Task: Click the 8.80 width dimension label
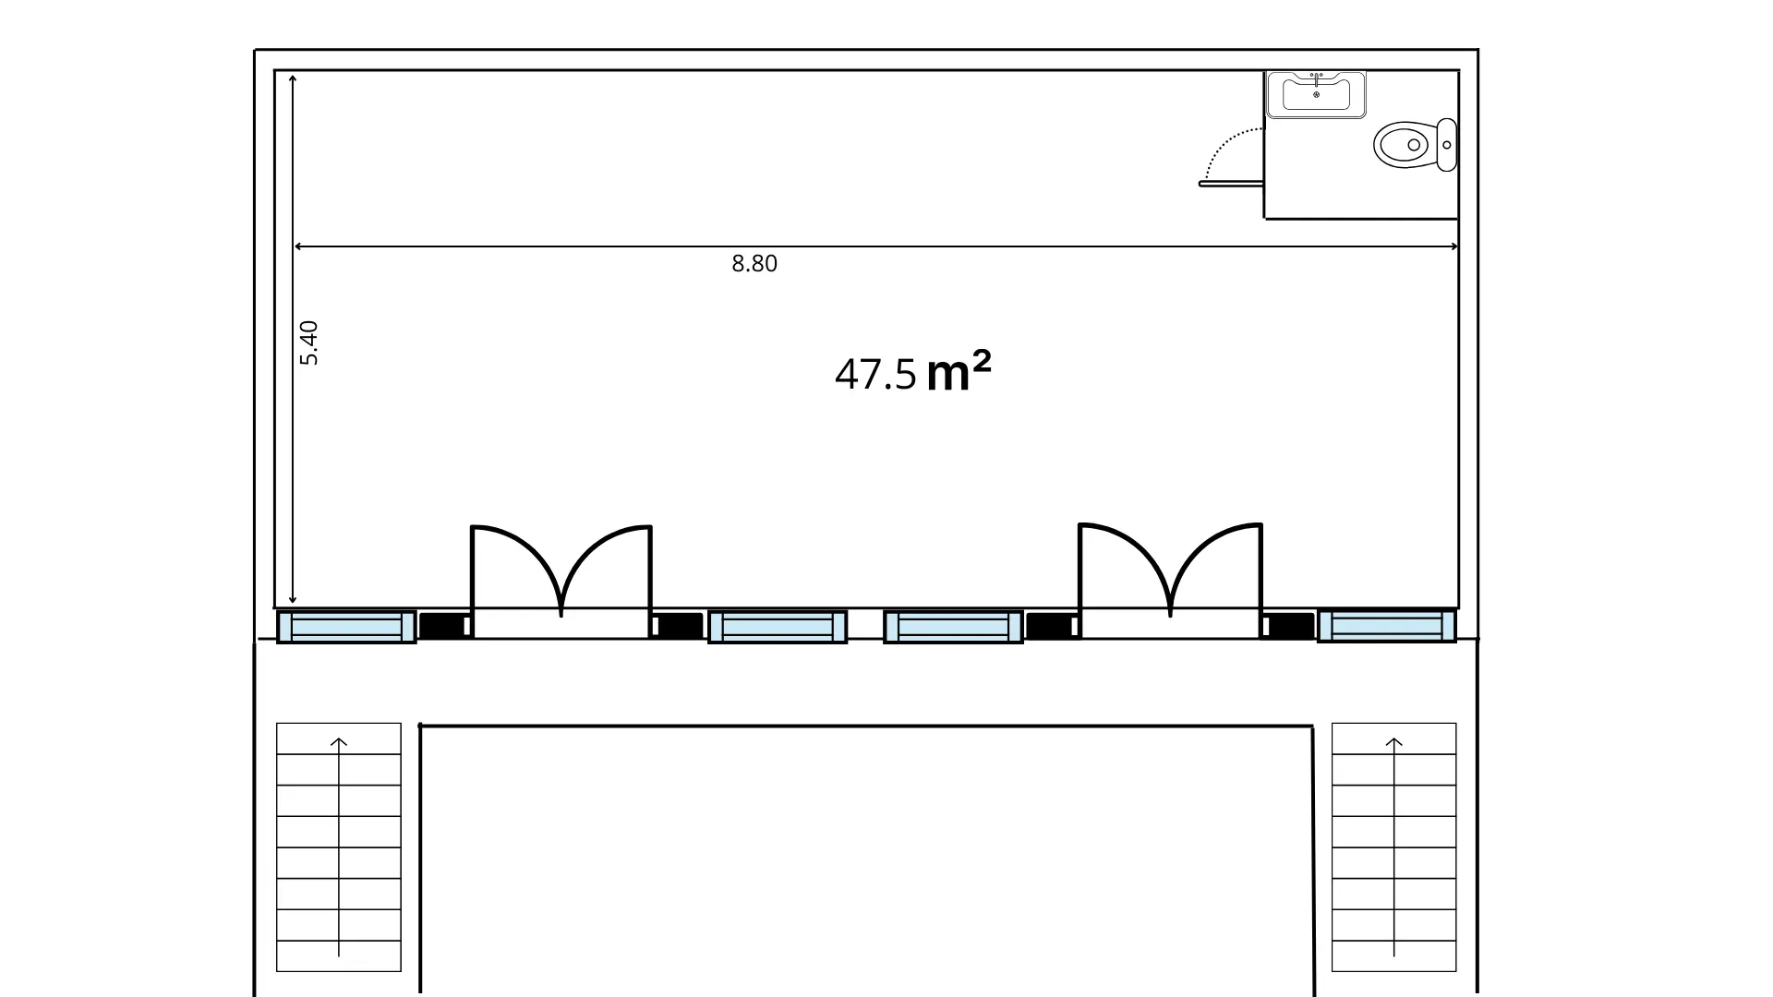754,264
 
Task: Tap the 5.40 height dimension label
309,342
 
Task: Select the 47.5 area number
875,375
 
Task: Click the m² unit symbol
959,372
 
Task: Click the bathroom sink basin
1316,94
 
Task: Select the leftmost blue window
346,627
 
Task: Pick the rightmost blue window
1387,627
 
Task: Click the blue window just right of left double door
778,627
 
